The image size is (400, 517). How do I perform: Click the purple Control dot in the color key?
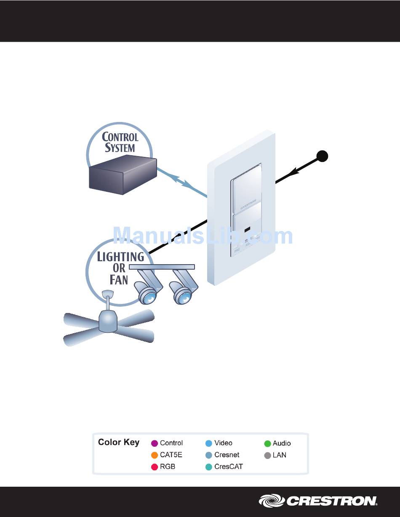[x=155, y=443]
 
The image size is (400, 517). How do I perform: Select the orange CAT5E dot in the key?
[x=155, y=455]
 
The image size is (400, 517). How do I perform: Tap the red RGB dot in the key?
[x=155, y=467]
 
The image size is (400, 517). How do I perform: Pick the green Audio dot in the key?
[x=267, y=443]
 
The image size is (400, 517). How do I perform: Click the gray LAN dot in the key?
[x=267, y=455]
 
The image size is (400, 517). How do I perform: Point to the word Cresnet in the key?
[x=227, y=455]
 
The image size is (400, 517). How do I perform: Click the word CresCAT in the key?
[x=228, y=467]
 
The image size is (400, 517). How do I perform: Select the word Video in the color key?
[x=223, y=443]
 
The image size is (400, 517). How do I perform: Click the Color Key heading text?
[x=118, y=443]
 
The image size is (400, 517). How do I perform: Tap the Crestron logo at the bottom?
[x=318, y=501]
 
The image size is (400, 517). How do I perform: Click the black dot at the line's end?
[x=323, y=156]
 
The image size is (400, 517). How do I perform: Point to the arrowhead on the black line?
[x=294, y=172]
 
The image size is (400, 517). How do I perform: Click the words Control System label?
[x=120, y=142]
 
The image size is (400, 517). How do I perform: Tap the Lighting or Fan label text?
[x=120, y=268]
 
